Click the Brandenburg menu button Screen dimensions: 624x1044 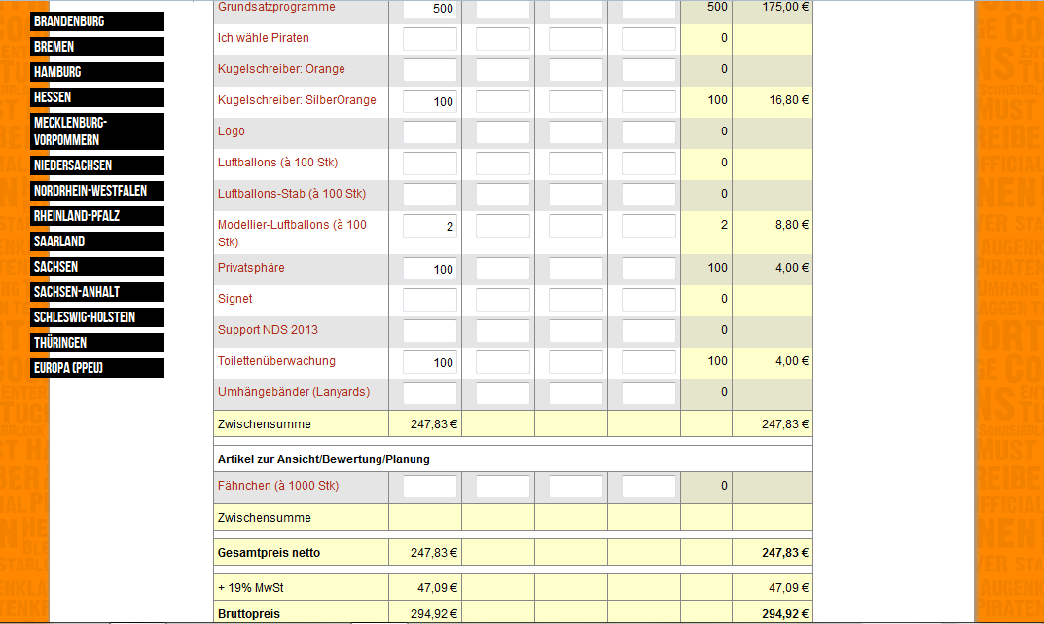click(x=97, y=21)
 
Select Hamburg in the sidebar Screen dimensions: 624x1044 click(x=97, y=72)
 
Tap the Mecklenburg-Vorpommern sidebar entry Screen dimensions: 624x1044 click(x=97, y=131)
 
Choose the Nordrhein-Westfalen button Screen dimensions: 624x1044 click(x=97, y=191)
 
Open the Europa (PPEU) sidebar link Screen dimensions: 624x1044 click(x=97, y=368)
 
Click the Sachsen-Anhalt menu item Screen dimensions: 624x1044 click(x=97, y=292)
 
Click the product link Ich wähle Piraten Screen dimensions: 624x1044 click(x=264, y=38)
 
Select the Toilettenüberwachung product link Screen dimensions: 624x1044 click(x=276, y=361)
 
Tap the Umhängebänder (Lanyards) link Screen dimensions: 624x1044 click(x=294, y=392)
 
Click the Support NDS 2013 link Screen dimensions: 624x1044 click(x=268, y=330)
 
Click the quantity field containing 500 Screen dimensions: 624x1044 click(x=429, y=9)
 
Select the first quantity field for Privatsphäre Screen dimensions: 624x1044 click(x=429, y=269)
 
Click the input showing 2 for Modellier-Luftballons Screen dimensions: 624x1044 click(x=429, y=226)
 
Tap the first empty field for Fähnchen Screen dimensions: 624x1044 click(x=429, y=487)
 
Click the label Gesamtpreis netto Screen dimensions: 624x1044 click(x=269, y=553)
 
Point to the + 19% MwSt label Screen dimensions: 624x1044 click(x=251, y=587)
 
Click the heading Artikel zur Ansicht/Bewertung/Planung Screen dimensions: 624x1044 click(x=323, y=459)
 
